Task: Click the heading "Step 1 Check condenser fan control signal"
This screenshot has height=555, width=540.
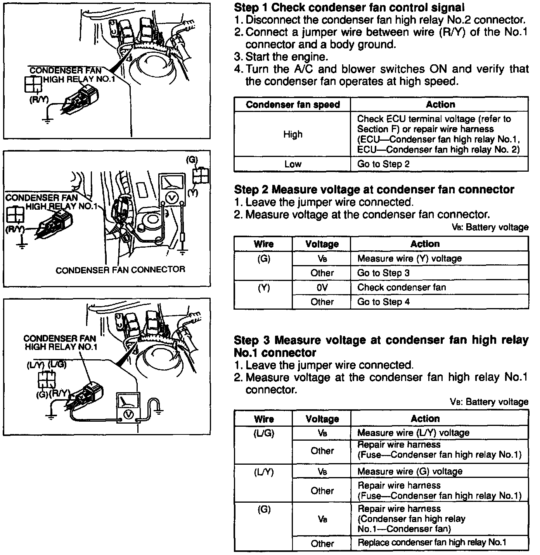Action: click(x=349, y=7)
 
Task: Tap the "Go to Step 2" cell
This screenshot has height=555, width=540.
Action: click(x=383, y=164)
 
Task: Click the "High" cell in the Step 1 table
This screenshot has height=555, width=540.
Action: click(x=292, y=134)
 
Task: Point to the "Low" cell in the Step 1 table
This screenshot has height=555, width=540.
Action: click(x=292, y=164)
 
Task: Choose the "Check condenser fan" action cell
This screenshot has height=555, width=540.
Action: click(x=402, y=288)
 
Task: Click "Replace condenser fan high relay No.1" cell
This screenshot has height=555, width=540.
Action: click(x=432, y=543)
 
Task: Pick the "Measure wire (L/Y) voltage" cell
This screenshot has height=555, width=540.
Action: click(x=413, y=433)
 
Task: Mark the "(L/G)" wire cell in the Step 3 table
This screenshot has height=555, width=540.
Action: click(x=263, y=433)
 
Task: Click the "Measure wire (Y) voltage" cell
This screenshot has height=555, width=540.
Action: click(x=409, y=259)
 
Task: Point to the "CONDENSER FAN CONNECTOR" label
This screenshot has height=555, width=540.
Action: click(x=120, y=270)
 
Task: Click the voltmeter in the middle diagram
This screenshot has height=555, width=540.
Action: click(x=171, y=190)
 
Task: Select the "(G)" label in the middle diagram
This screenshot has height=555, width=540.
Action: click(x=192, y=159)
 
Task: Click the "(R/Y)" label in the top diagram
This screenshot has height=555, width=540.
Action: click(x=39, y=100)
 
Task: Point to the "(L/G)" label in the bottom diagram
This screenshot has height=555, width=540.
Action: click(x=58, y=365)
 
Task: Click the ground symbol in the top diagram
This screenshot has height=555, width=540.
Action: click(x=47, y=121)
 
